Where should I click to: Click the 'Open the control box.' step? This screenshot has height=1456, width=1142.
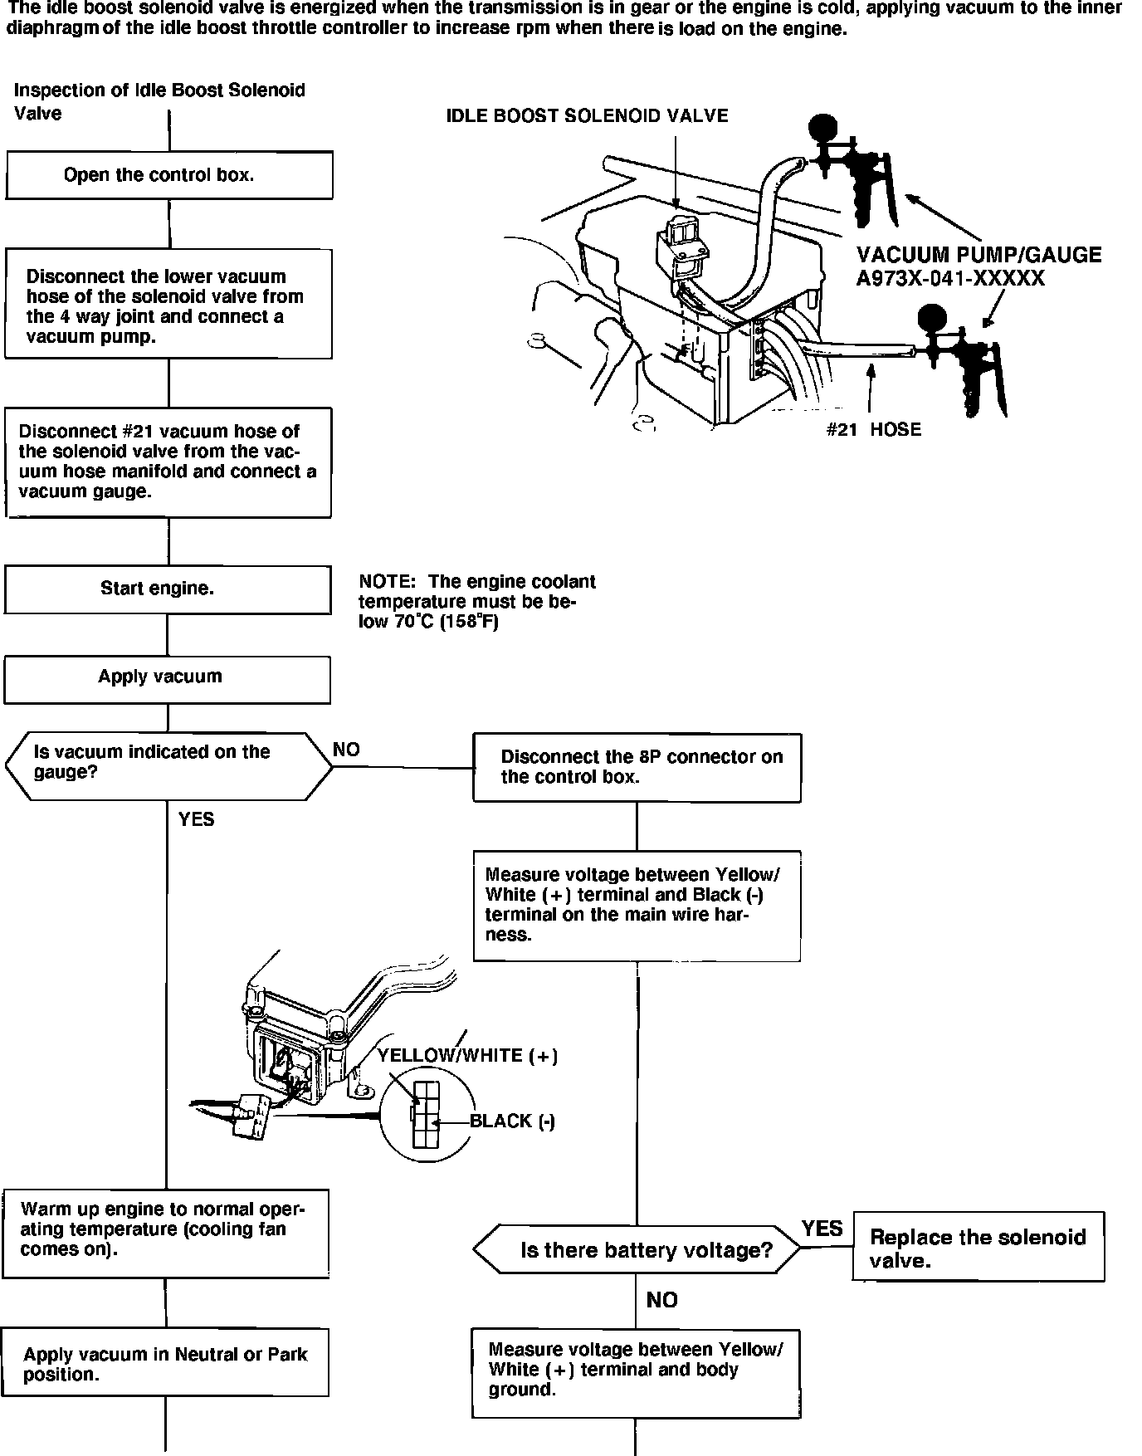(169, 175)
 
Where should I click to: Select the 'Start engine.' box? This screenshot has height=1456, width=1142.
(168, 589)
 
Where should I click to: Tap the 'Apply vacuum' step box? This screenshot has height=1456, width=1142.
(167, 679)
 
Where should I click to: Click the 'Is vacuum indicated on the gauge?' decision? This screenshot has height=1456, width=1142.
(168, 765)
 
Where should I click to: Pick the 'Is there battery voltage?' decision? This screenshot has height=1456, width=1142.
(637, 1250)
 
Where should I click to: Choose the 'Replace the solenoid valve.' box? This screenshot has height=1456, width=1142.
(978, 1248)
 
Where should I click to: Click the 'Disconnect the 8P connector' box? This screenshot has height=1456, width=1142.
(637, 767)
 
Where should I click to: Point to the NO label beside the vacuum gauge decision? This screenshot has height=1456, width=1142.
(346, 750)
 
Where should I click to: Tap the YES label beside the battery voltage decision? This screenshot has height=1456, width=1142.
(822, 1229)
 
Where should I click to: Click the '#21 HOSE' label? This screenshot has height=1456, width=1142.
(873, 429)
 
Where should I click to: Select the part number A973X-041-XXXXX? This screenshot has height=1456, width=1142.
(950, 278)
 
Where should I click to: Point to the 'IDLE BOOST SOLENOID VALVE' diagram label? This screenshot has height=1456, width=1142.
(587, 116)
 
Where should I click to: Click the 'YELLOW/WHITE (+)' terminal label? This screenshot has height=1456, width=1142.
(467, 1055)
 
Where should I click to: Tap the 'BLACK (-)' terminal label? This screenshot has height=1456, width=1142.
(512, 1121)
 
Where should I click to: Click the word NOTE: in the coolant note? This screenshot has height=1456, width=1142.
(386, 582)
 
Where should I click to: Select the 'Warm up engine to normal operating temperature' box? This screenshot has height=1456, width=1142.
(165, 1232)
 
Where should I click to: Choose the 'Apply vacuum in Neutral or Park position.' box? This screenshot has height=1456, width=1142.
(165, 1365)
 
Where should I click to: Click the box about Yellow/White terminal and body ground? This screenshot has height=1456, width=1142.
(636, 1373)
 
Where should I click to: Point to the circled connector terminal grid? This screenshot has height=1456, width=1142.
(425, 1115)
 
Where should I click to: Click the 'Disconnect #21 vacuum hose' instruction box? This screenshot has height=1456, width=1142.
(168, 462)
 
